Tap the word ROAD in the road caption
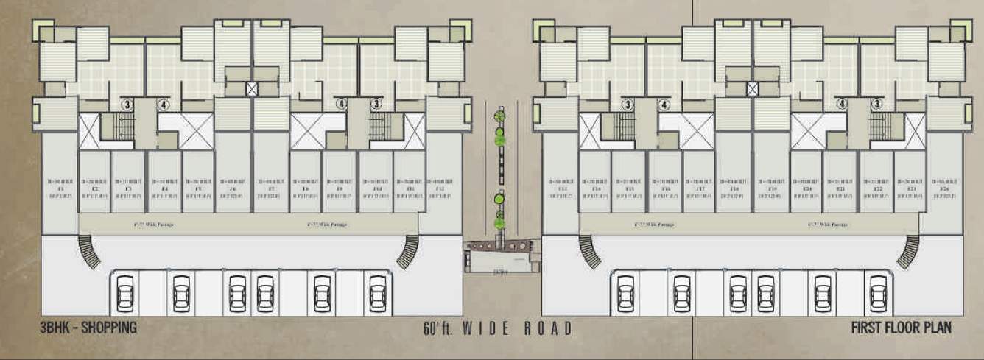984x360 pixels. (547, 328)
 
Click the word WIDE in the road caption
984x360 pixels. (485, 328)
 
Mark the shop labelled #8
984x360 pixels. (306, 188)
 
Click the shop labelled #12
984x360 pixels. (440, 188)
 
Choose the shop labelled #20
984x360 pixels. (806, 188)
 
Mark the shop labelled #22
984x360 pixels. (877, 188)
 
